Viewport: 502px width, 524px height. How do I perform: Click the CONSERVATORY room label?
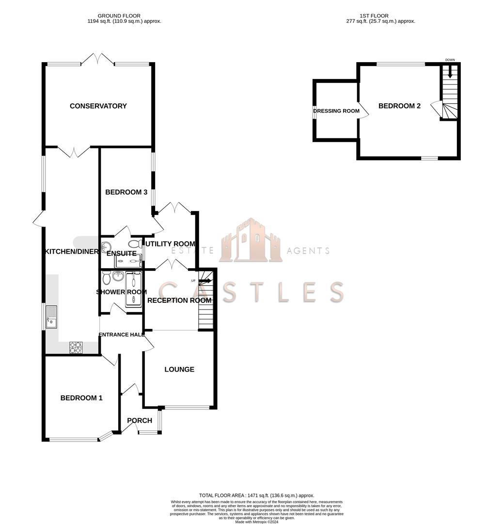coord(98,106)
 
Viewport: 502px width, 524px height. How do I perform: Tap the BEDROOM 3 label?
coord(126,192)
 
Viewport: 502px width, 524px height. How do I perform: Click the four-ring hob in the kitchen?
coord(76,347)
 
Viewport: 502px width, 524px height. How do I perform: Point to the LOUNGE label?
coord(179,370)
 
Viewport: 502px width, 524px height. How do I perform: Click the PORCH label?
coord(140,421)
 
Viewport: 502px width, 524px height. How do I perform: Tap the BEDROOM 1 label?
coord(81,398)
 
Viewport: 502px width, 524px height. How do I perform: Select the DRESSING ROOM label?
coord(336,111)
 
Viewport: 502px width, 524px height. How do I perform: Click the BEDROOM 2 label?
coord(399,106)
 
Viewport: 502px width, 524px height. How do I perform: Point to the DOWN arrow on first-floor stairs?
coord(450,72)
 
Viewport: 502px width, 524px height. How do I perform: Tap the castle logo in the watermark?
coord(251,241)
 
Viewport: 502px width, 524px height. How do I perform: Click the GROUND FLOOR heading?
coord(119,16)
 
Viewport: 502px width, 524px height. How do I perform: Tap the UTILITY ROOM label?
coord(170,244)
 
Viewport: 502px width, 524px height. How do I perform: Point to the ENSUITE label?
coord(122,253)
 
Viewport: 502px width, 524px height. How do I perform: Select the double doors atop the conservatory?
coord(98,60)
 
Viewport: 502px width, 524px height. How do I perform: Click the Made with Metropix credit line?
coord(257,522)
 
